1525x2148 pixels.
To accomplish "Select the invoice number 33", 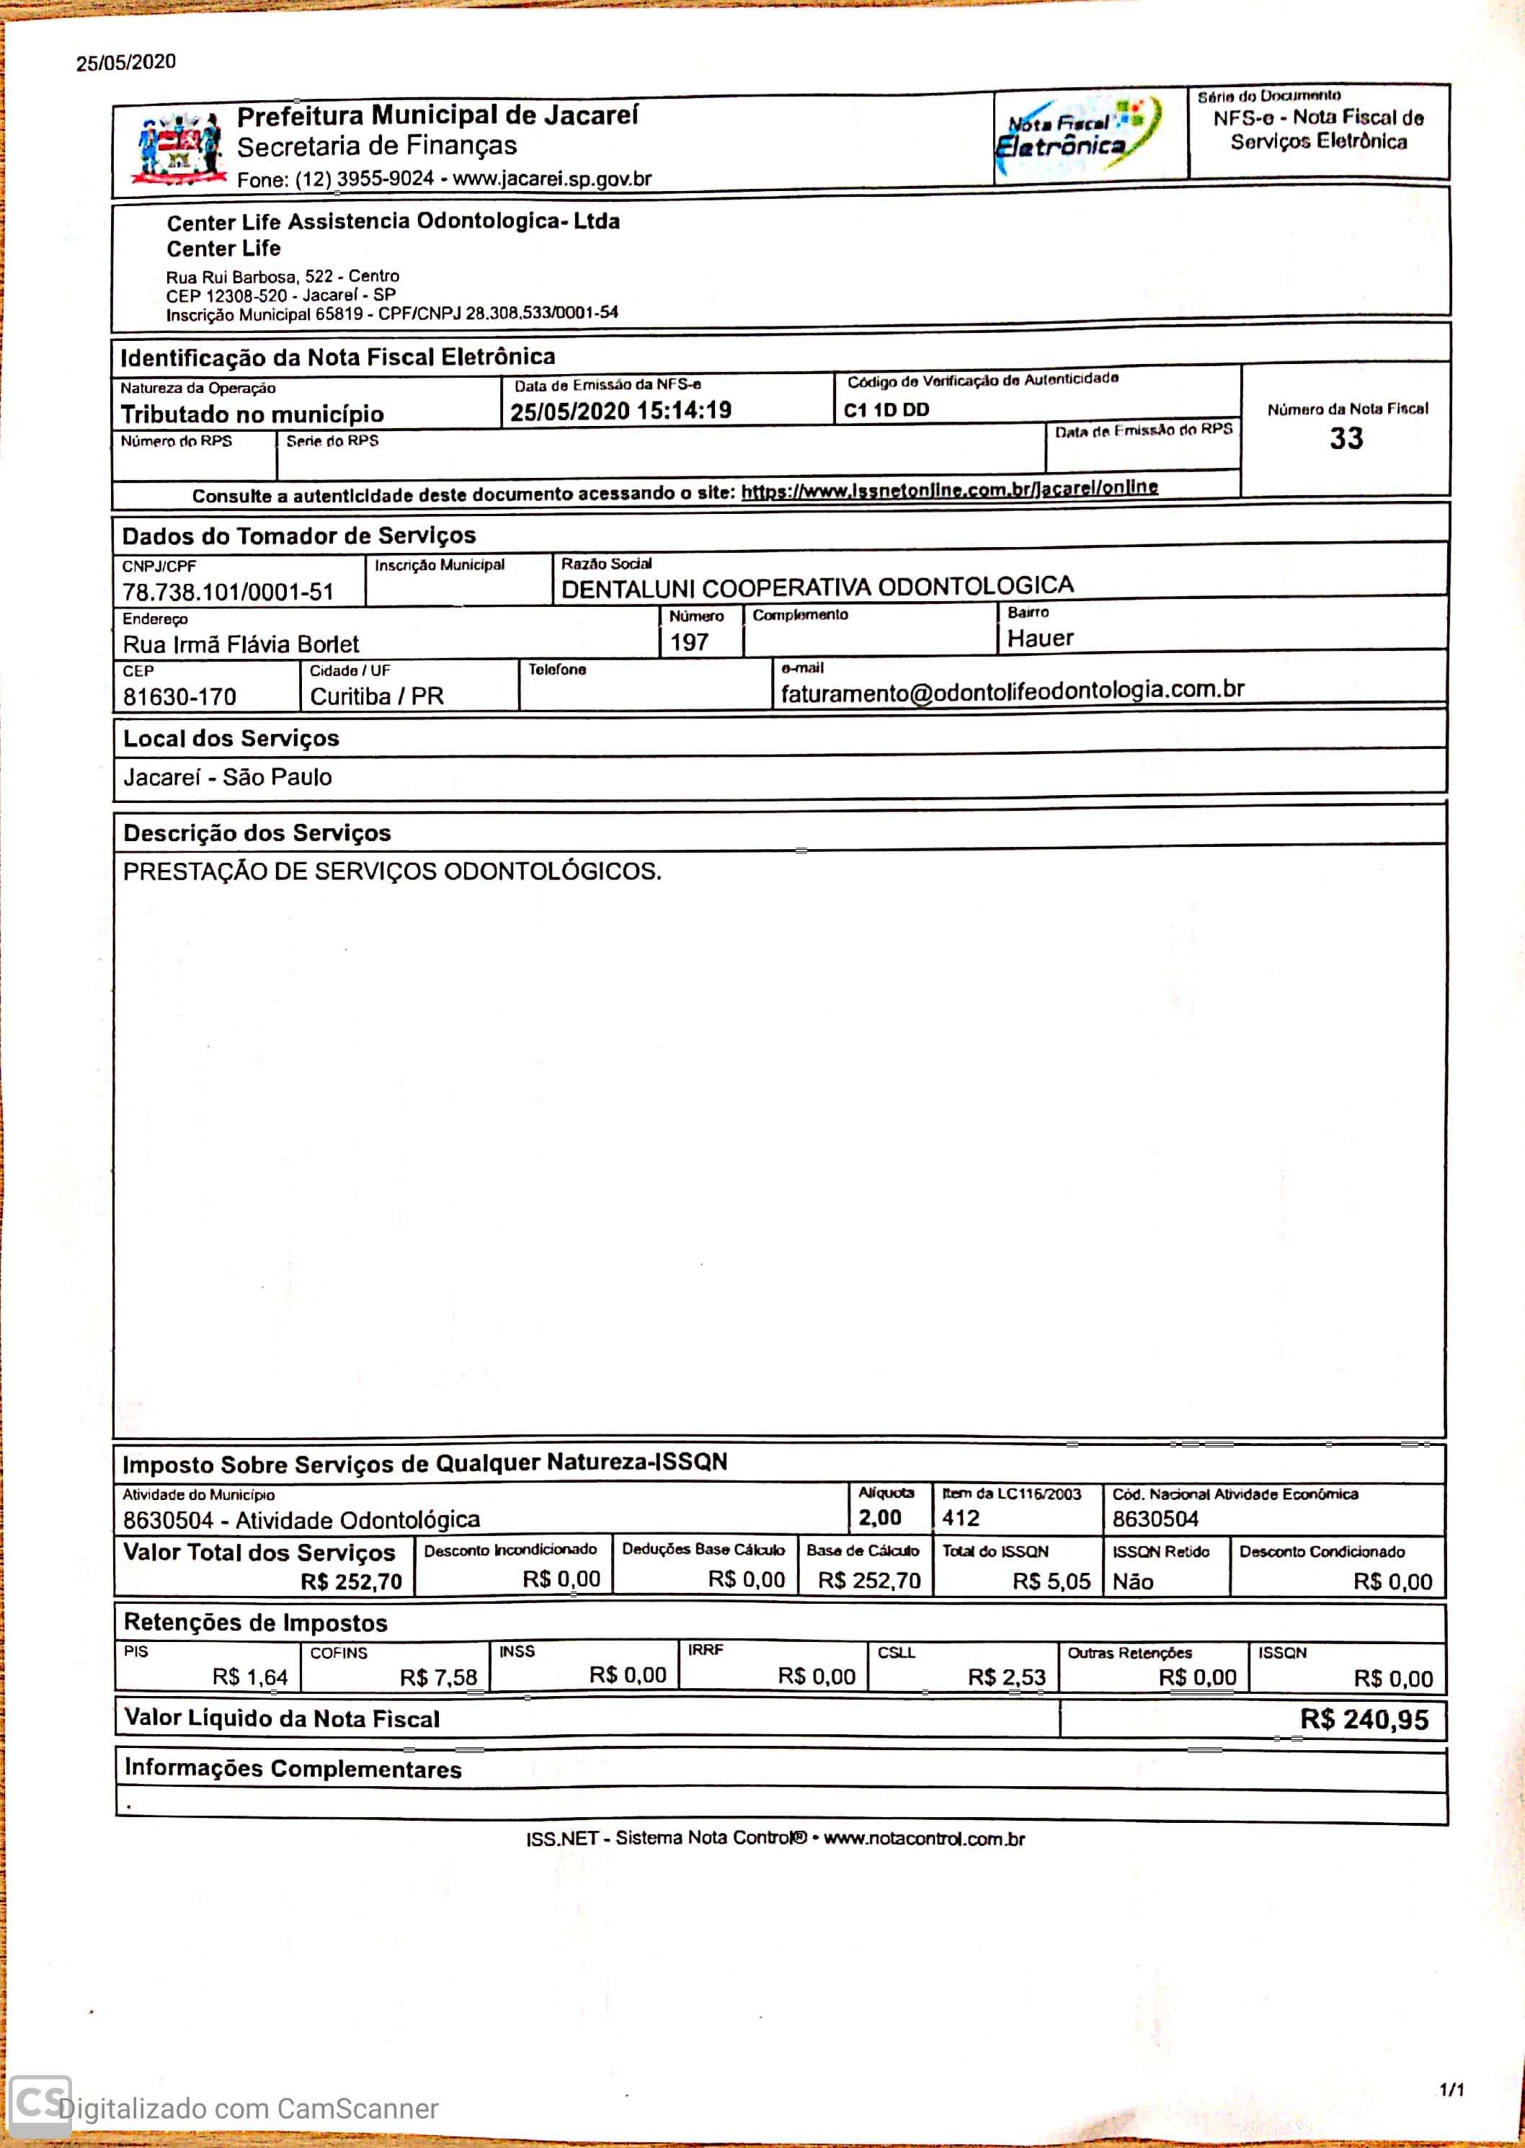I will click(1346, 439).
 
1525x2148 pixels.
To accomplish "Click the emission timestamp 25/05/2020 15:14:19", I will click(621, 410).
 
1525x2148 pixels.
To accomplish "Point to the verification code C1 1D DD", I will click(886, 409).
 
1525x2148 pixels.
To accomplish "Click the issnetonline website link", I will click(948, 489).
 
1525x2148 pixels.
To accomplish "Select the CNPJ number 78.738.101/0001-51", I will click(228, 592).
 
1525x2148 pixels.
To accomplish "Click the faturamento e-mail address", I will click(1013, 691).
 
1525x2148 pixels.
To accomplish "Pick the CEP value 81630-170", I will click(179, 697).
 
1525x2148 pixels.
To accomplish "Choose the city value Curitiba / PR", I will click(376, 696).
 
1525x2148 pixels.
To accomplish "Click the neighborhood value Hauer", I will click(1039, 639).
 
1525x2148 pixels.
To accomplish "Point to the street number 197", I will click(688, 642).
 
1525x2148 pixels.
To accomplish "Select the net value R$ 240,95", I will click(1364, 1720).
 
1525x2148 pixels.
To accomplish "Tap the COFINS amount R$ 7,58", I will click(437, 1677).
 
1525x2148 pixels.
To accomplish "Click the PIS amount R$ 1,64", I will click(250, 1677).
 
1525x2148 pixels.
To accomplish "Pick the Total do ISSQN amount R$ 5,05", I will click(1051, 1581).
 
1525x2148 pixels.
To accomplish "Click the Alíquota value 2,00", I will click(879, 1518).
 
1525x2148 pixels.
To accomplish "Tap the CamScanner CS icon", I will click(40, 2102).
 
